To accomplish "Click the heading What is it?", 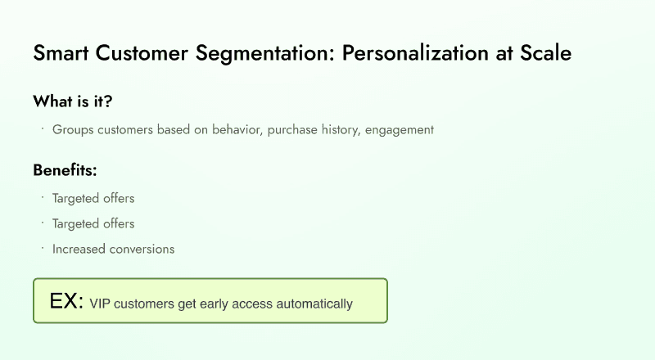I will (73, 101).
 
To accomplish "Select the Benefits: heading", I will (65, 170).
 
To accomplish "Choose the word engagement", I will (400, 129).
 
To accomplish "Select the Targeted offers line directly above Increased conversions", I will (93, 223).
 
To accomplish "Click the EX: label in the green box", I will (66, 301).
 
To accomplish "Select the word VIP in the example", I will (100, 304).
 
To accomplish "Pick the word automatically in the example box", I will (314, 304).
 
